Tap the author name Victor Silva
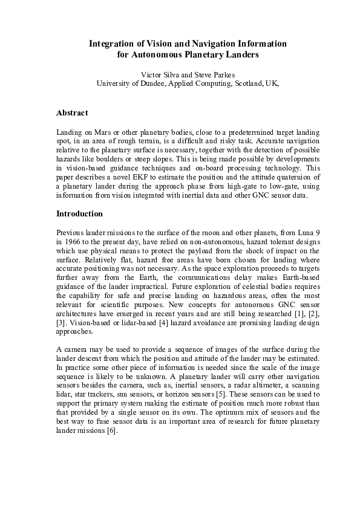(160, 74)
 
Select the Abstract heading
(72, 113)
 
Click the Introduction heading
(79, 213)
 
